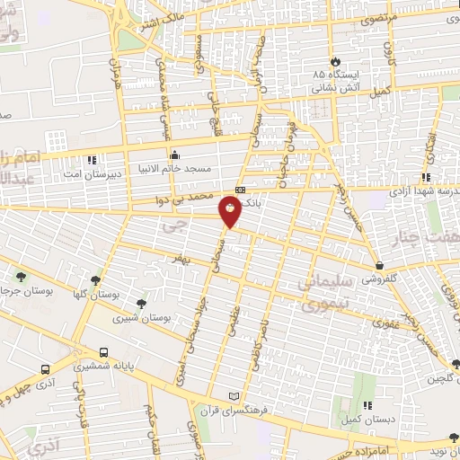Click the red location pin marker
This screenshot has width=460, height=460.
[231, 212]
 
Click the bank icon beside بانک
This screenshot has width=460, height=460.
[240, 190]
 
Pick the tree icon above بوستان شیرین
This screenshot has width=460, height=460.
[140, 304]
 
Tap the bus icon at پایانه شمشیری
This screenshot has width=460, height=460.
[105, 353]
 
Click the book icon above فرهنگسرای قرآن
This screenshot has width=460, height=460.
[235, 396]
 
